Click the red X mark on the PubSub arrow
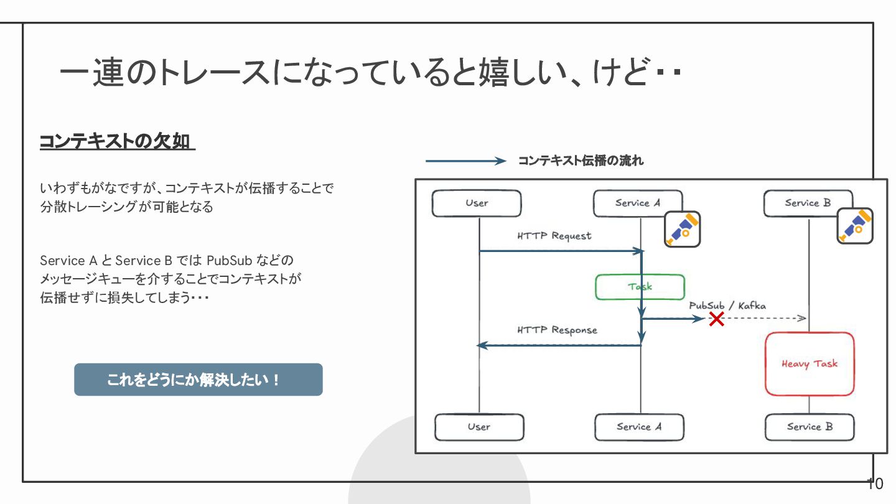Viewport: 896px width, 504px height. [717, 319]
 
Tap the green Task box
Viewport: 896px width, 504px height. [640, 287]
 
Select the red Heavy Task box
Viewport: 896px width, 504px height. [810, 364]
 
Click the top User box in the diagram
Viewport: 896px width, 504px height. [477, 203]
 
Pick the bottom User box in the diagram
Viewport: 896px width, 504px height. [479, 427]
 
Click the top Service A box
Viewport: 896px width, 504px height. [637, 203]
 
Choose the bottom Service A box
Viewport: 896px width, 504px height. [639, 427]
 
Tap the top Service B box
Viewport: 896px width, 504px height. [808, 203]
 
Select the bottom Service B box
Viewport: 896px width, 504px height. [810, 427]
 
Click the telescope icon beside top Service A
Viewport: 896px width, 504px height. [682, 229]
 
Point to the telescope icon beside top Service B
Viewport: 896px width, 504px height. [855, 226]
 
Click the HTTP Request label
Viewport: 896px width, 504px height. [554, 236]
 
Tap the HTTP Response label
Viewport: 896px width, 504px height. [557, 330]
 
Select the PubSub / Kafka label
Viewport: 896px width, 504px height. [727, 306]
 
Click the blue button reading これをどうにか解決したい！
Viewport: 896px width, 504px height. [198, 380]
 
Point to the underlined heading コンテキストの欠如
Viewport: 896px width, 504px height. [117, 142]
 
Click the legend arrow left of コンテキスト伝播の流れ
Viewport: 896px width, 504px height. [466, 161]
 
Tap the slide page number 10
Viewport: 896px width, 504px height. [875, 483]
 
